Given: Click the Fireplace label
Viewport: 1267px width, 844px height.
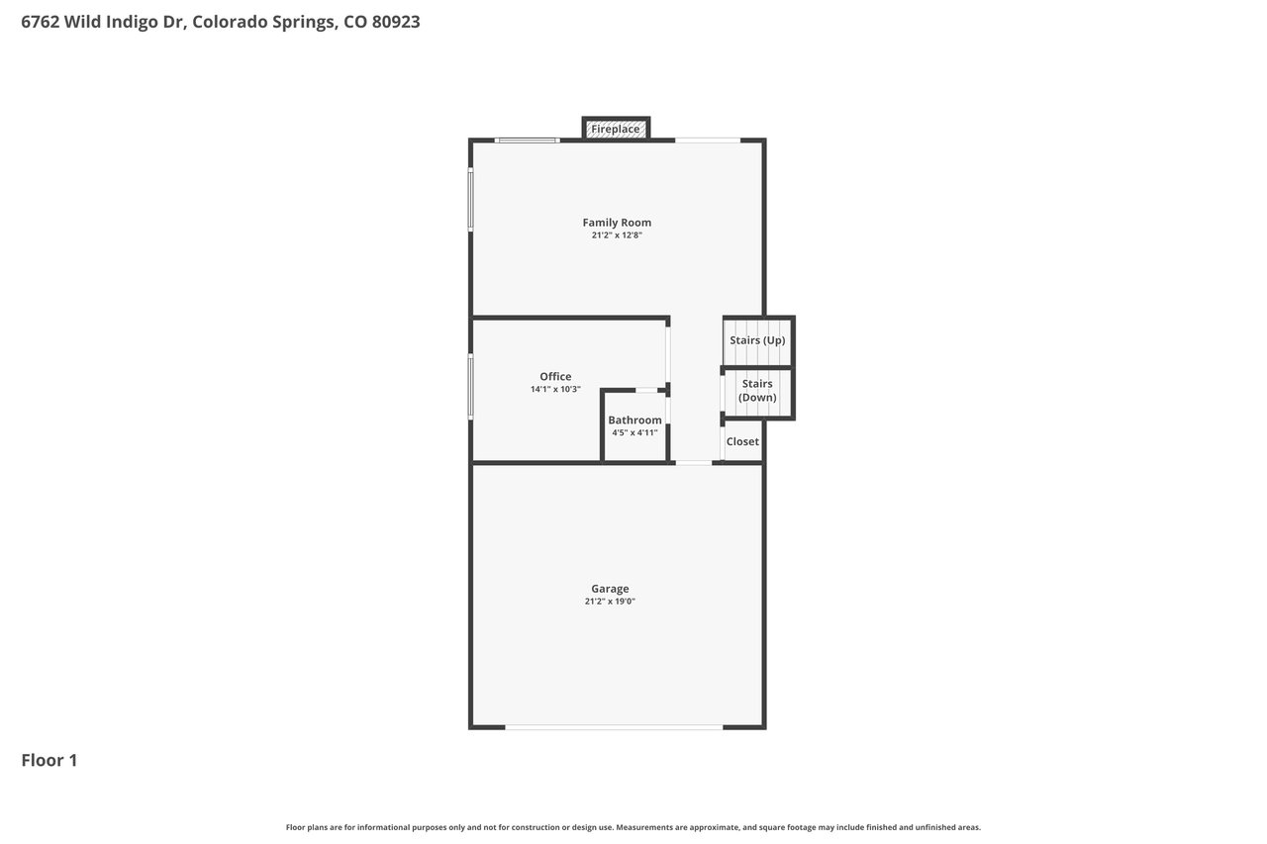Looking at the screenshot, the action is [x=616, y=129].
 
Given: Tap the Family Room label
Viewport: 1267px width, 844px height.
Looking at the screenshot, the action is [x=617, y=223].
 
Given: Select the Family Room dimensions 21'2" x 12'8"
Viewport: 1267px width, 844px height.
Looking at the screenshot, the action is [x=617, y=235].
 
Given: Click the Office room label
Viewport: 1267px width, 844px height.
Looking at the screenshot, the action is [x=555, y=377].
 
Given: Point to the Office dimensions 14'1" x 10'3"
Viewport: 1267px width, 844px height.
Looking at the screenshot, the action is [x=555, y=389].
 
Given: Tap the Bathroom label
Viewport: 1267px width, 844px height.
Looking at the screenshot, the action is [x=634, y=421].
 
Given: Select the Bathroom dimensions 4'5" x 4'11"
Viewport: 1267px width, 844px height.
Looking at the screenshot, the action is [x=634, y=433].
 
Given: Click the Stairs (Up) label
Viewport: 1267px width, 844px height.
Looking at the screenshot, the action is [x=757, y=340].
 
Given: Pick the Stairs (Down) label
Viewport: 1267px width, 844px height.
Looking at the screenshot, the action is [x=757, y=391].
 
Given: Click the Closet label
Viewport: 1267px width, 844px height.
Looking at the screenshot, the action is [x=742, y=441].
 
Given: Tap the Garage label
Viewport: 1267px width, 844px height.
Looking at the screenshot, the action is [x=610, y=589].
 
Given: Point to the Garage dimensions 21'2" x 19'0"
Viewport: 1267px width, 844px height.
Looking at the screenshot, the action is [x=610, y=602].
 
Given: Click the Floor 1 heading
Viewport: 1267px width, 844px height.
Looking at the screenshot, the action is [x=49, y=760].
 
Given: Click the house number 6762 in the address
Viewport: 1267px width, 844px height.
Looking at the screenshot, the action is [x=41, y=22].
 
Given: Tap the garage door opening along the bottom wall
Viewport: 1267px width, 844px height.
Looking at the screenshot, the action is [x=614, y=727].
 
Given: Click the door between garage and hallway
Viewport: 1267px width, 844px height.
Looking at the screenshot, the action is [x=694, y=463].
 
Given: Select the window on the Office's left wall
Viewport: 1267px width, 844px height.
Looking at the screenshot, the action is [x=470, y=387].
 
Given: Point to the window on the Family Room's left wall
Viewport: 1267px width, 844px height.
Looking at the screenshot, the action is [x=470, y=199].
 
